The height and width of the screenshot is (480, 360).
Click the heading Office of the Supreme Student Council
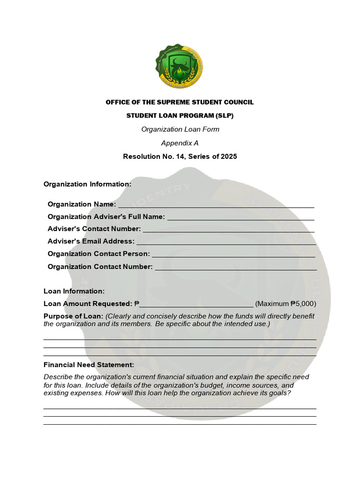180,102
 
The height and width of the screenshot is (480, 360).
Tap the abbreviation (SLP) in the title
225,115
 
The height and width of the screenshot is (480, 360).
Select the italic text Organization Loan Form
180,129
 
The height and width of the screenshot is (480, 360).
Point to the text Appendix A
180,143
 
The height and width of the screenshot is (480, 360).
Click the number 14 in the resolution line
178,157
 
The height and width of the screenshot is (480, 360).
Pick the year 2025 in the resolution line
228,157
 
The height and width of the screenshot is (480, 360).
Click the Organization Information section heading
87,184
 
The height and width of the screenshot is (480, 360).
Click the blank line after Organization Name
216,205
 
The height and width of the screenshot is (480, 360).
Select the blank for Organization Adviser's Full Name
240,217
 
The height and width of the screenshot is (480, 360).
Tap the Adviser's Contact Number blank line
228,230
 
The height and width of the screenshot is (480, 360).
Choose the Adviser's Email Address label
91,241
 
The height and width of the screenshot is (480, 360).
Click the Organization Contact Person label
98,254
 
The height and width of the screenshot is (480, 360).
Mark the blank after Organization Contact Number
235,267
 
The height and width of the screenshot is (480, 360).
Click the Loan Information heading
74,292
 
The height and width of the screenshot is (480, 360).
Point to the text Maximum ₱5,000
285,304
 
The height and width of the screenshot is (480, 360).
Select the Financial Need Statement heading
89,365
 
